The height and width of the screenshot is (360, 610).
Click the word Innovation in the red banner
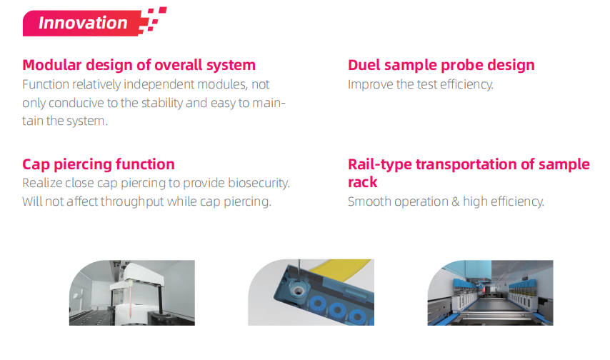point(83,23)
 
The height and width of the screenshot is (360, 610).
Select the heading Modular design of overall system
point(139,65)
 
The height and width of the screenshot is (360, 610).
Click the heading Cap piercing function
point(99,164)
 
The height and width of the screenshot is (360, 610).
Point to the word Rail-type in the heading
point(380,164)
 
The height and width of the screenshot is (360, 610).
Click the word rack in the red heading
point(363,182)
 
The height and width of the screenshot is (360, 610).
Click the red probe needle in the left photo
point(130,301)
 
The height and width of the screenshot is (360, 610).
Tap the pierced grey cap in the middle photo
point(298,290)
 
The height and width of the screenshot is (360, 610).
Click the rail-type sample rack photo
point(490,293)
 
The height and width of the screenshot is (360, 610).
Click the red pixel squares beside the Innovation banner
point(153,20)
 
